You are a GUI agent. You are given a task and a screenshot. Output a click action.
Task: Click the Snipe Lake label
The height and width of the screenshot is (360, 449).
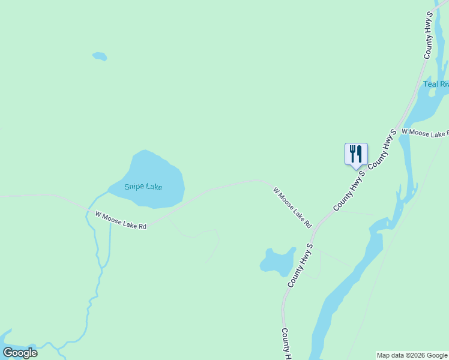click(143, 187)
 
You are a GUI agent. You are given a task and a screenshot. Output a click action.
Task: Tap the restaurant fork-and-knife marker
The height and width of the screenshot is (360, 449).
click(356, 154)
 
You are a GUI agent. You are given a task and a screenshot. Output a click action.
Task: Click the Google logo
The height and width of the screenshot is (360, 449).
click(20, 353)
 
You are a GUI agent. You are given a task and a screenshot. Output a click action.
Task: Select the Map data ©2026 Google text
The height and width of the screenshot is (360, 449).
click(412, 355)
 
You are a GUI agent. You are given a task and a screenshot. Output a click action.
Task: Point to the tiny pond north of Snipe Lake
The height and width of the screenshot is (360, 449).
click(100, 56)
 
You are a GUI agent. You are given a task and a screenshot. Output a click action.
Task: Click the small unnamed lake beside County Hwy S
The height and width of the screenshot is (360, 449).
click(277, 262)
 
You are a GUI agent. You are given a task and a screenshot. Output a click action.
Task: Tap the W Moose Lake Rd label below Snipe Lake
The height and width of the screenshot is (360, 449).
click(121, 220)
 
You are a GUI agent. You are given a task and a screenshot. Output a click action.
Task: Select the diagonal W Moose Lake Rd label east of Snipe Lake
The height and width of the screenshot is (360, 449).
click(293, 208)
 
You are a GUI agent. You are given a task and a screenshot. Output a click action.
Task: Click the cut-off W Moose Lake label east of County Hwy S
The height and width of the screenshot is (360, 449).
click(425, 133)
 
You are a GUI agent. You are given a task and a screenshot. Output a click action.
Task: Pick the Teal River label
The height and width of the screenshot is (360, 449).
click(436, 84)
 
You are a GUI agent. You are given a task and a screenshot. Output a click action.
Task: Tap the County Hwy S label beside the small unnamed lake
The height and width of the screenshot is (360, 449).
click(301, 265)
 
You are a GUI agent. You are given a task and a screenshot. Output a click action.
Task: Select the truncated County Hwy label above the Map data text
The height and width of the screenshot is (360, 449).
click(286, 344)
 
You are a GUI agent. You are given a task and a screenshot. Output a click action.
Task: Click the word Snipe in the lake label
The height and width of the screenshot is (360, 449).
click(134, 187)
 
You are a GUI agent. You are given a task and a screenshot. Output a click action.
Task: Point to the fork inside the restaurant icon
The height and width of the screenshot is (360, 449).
click(352, 153)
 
